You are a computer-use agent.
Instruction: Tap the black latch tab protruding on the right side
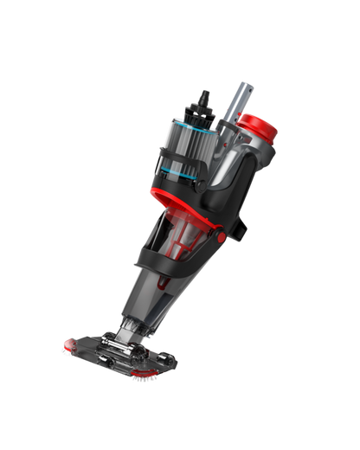[x=241, y=228]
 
